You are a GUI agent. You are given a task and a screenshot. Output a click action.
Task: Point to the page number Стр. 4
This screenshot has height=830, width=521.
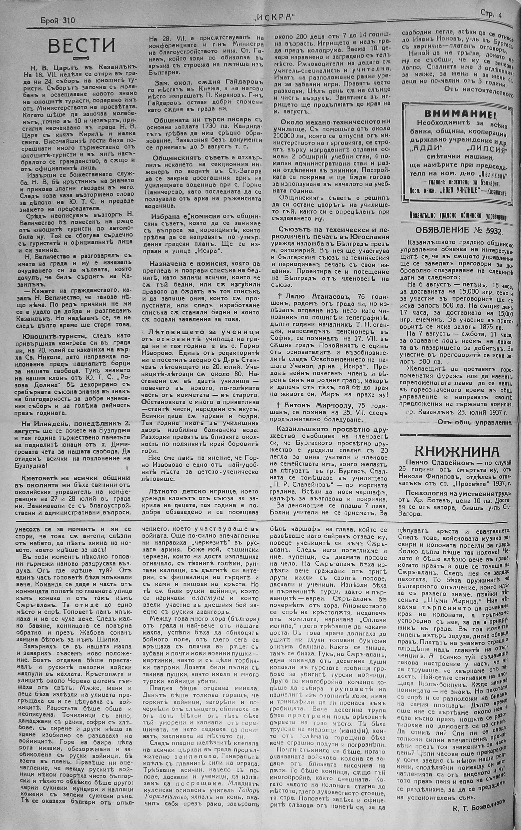pyautogui.click(x=490, y=14)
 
